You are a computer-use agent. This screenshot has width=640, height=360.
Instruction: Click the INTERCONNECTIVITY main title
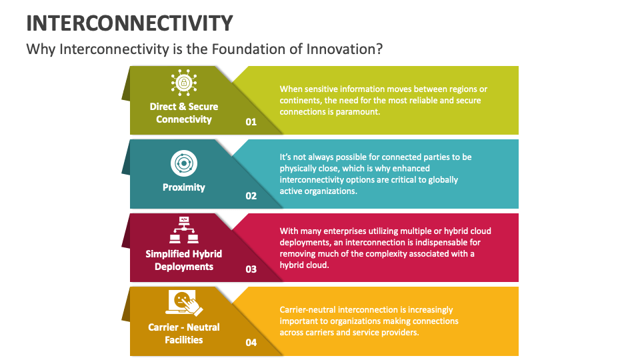[129, 23]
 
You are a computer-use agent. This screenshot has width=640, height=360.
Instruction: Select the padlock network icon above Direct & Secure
[184, 83]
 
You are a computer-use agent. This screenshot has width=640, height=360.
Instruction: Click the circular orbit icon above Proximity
[184, 163]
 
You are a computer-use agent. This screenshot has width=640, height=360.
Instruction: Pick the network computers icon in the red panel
[184, 230]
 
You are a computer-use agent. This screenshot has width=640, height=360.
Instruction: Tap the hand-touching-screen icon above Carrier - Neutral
[184, 303]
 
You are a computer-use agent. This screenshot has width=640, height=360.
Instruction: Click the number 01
[251, 121]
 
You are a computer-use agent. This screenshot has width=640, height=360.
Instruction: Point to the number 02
[251, 196]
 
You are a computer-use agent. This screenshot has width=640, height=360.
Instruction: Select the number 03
[251, 269]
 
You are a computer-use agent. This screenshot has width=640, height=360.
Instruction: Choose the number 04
[251, 343]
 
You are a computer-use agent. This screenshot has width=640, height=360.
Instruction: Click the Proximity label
[184, 187]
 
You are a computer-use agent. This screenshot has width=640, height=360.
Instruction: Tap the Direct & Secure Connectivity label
[184, 113]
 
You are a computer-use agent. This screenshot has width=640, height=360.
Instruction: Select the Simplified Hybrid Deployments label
[184, 260]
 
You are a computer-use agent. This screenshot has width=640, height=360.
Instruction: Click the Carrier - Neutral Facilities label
[184, 333]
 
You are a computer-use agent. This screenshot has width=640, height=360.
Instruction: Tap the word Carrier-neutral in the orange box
[307, 310]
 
